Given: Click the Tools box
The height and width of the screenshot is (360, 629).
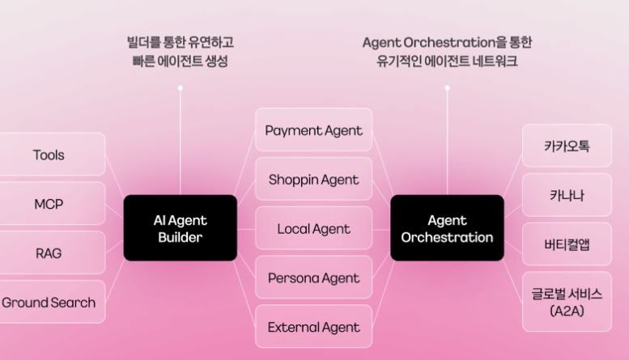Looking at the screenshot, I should click(x=49, y=155).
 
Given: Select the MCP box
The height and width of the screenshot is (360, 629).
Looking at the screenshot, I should click(x=49, y=204).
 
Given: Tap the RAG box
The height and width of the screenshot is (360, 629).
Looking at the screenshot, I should click(x=49, y=253).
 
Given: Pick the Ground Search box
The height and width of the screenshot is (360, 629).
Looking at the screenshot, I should click(x=49, y=303).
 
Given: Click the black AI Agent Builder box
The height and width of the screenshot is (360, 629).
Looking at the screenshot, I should click(x=181, y=228).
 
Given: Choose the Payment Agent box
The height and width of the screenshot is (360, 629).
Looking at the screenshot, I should click(x=314, y=130).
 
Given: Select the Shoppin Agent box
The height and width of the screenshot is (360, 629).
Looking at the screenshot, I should click(x=314, y=180).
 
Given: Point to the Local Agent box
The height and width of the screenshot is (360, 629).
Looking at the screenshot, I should click(x=314, y=229).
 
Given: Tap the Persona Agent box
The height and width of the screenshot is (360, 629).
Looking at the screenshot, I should click(x=314, y=278).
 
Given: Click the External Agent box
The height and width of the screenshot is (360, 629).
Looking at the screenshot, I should click(x=314, y=328).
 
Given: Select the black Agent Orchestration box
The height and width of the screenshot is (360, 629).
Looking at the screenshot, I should click(x=447, y=228).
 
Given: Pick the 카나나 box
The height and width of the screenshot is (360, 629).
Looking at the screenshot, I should click(x=567, y=196).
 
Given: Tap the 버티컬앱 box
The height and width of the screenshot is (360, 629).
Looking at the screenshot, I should click(x=567, y=244).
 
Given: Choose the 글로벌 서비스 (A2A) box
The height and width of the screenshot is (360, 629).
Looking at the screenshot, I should click(x=567, y=302).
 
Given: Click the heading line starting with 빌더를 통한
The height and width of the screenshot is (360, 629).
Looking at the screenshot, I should click(x=181, y=42).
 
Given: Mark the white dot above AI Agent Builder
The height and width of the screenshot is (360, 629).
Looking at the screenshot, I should click(x=180, y=87).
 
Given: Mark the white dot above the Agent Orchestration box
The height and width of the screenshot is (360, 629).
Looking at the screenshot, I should click(x=447, y=87).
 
